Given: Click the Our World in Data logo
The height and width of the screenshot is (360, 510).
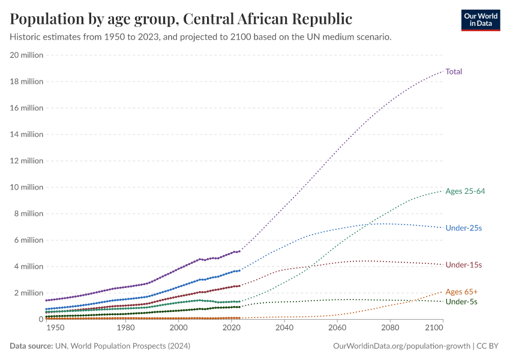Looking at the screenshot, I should [480, 20].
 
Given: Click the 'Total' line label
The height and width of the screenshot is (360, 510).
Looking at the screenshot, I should [454, 71].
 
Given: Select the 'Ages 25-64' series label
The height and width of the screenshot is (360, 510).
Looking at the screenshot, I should [465, 191].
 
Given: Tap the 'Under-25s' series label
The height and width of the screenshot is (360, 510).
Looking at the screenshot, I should [464, 228].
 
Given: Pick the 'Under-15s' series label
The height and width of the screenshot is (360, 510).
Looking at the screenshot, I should [464, 265].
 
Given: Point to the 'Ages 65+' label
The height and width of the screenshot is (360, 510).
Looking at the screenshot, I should [461, 292].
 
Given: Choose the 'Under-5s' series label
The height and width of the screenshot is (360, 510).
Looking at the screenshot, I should [461, 301].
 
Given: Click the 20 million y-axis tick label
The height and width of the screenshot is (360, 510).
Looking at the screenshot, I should [27, 55].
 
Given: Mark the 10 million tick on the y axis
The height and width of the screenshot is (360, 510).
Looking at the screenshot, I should [27, 187].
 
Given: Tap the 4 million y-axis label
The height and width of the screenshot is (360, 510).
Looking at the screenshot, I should [29, 266].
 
